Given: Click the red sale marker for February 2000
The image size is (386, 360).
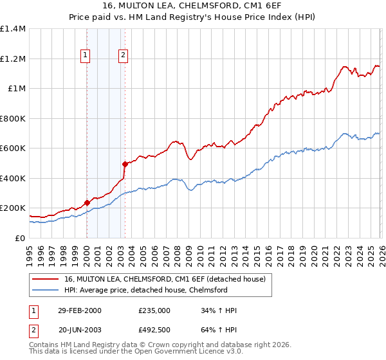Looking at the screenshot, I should click(x=87, y=203).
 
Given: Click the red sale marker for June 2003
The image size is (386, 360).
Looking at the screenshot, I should click(x=124, y=165).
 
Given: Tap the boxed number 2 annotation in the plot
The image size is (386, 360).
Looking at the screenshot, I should click(x=122, y=56).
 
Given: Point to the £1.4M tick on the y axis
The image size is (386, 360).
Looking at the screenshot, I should click(x=13, y=29).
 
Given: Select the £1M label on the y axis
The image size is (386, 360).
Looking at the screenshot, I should click(x=17, y=89).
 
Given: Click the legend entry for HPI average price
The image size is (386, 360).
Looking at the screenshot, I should click(x=146, y=291).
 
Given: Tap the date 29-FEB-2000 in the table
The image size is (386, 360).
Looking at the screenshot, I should click(x=79, y=310).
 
